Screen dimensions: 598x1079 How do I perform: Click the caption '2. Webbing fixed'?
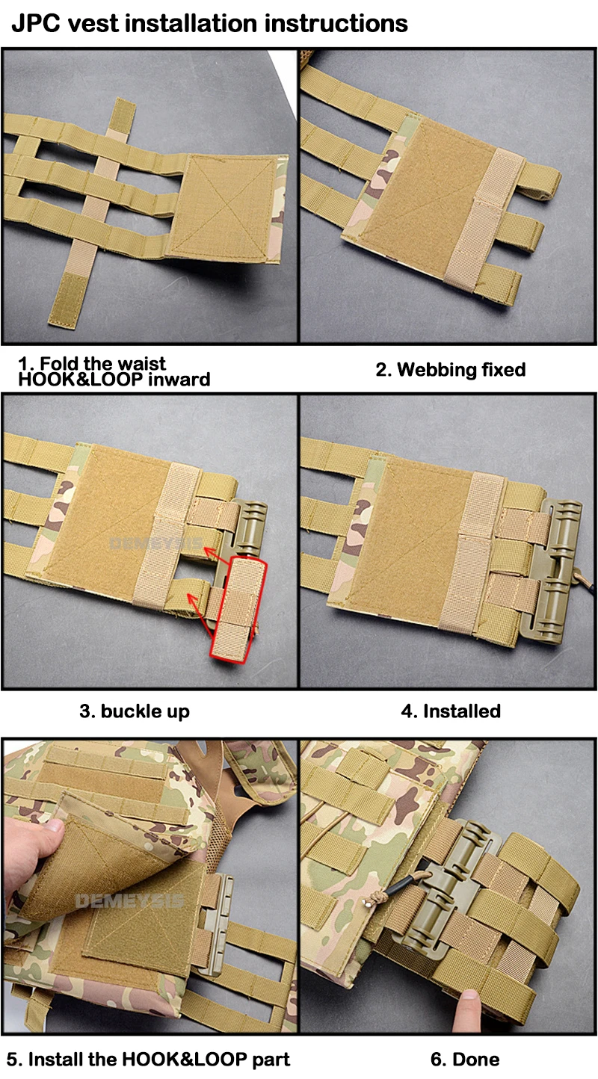pyautogui.click(x=451, y=369)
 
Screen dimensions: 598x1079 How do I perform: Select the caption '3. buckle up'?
pyautogui.click(x=135, y=711)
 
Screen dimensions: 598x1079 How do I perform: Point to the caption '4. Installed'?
pyautogui.click(x=451, y=711)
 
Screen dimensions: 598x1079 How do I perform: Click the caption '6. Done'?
pyautogui.click(x=464, y=1060)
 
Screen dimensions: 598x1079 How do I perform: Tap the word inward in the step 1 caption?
pyautogui.click(x=179, y=379)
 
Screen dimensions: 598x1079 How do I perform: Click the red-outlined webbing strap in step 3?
pyautogui.click(x=238, y=610)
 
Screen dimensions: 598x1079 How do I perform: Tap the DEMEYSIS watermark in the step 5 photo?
pyautogui.click(x=130, y=900)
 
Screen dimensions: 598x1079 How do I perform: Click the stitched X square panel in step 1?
pyautogui.click(x=225, y=208)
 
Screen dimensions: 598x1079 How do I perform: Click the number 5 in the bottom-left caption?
pyautogui.click(x=11, y=1060)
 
